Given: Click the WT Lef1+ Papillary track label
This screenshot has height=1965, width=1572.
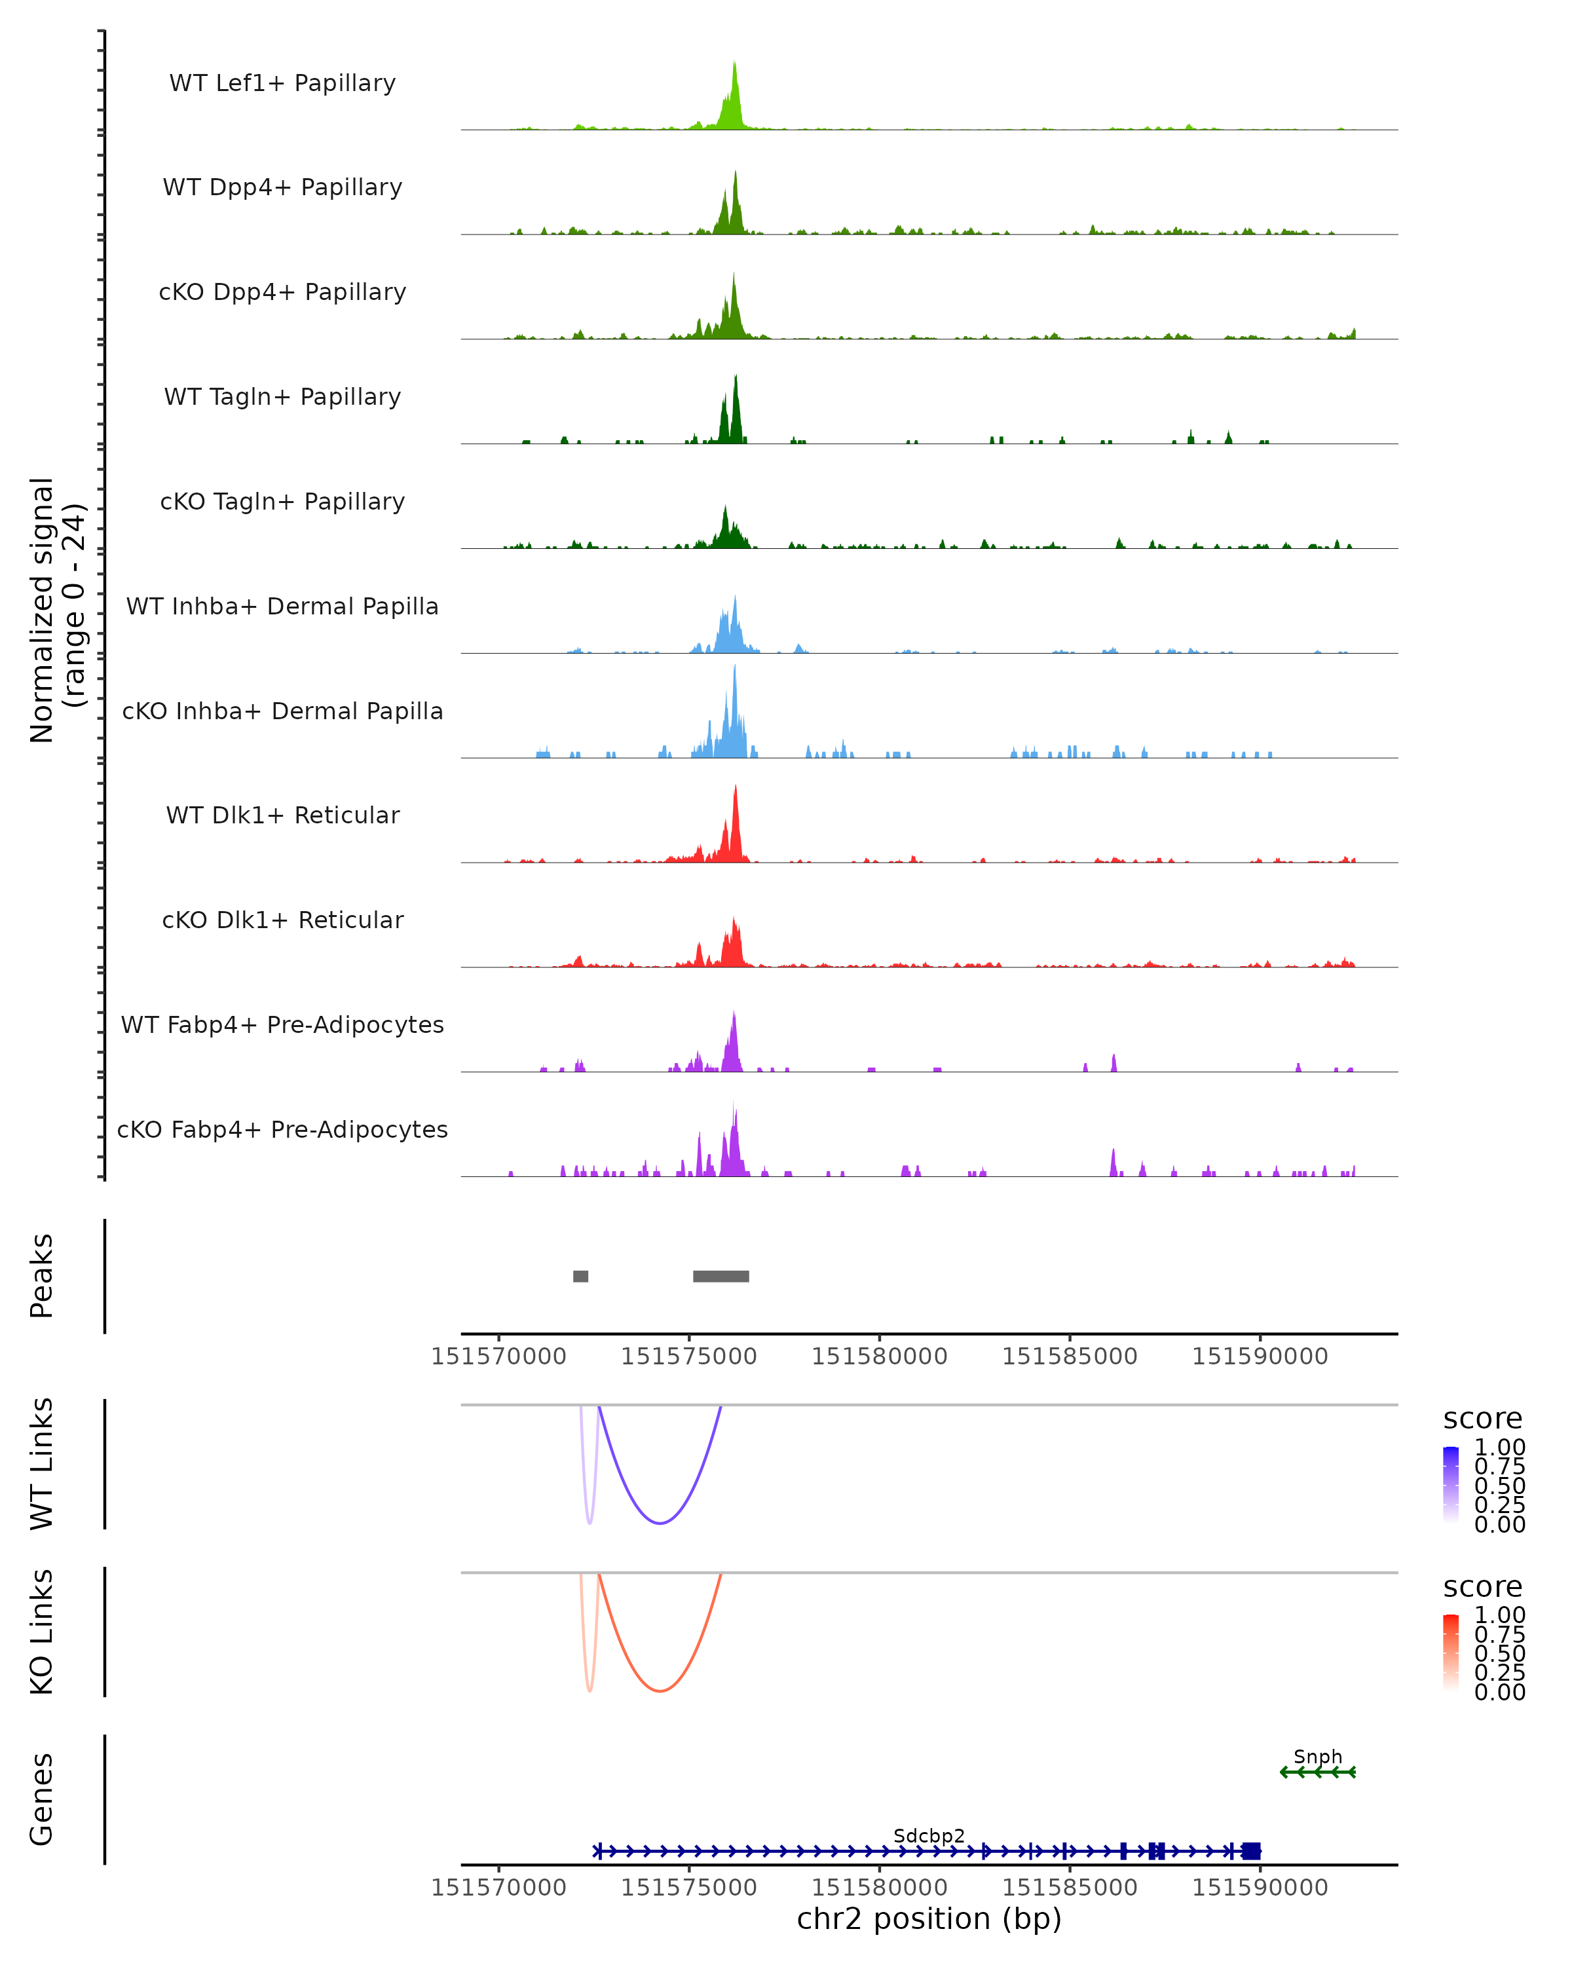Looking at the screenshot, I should pyautogui.click(x=282, y=83).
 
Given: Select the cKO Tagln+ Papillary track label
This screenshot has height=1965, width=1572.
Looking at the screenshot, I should pyautogui.click(x=282, y=501).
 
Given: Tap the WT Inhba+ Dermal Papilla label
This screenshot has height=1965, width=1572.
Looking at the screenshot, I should pyautogui.click(x=282, y=606).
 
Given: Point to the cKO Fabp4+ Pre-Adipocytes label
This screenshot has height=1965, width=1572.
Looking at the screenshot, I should pyautogui.click(x=282, y=1129).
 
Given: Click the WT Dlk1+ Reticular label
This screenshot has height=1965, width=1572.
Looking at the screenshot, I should pyautogui.click(x=282, y=815).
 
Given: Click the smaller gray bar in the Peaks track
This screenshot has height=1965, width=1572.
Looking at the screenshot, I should pyautogui.click(x=580, y=1276).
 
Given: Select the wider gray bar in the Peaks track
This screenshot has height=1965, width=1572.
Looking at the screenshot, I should pyautogui.click(x=721, y=1276).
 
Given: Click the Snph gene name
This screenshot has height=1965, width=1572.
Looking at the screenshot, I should pyautogui.click(x=1318, y=1756).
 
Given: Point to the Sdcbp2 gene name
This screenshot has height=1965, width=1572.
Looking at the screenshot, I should pyautogui.click(x=929, y=1835).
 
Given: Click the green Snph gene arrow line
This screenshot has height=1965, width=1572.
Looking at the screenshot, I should pyautogui.click(x=1318, y=1772).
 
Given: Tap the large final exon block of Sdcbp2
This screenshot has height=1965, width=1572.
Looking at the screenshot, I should pyautogui.click(x=1251, y=1851).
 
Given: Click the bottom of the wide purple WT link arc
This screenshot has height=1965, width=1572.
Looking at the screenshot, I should pyautogui.click(x=660, y=1523).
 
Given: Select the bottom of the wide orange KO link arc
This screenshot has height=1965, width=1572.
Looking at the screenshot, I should pyautogui.click(x=660, y=1691).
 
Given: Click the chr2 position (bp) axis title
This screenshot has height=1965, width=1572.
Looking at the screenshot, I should pyautogui.click(x=929, y=1918).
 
